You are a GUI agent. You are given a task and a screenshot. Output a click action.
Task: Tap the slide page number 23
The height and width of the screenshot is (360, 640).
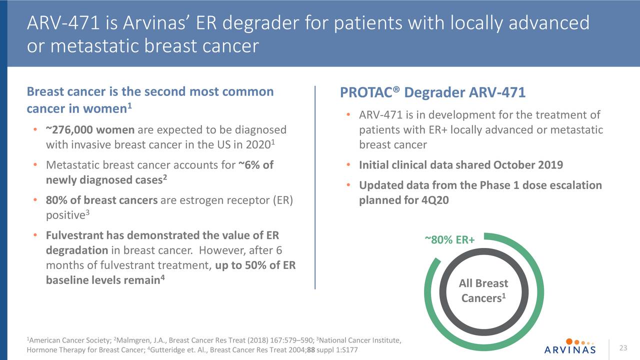tap(623, 348)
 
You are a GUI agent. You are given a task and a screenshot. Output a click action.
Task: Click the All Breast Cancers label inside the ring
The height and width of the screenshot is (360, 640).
tap(483, 290)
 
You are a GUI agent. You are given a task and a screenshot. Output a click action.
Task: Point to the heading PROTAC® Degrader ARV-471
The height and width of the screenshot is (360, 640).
tap(432, 93)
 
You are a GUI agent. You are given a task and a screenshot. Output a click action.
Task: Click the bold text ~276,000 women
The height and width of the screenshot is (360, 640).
tap(90, 130)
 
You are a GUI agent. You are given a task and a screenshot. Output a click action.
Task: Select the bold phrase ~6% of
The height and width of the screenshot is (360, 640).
tap(255, 165)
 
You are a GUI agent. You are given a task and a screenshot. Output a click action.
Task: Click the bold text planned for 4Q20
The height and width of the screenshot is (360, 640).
tap(403, 200)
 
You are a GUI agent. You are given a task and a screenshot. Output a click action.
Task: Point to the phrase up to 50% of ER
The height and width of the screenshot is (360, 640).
tap(255, 265)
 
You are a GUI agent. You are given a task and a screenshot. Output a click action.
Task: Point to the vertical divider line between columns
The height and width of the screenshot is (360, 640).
tap(315, 187)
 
